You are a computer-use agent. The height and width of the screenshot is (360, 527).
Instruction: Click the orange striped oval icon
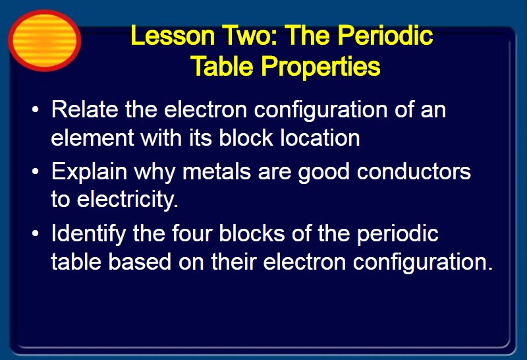[x=44, y=40]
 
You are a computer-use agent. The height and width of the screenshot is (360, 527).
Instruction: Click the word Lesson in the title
[x=173, y=36]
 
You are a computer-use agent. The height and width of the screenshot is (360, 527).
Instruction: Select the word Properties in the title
[x=321, y=67]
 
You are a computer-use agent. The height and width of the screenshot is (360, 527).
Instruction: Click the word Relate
[x=85, y=109]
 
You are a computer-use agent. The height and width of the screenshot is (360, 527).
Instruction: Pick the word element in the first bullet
[x=92, y=138]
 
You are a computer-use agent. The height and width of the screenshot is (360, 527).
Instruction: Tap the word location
[x=320, y=138]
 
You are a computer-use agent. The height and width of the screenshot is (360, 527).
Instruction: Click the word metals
[x=217, y=171]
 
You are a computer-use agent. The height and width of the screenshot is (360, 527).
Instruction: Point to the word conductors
[x=414, y=171]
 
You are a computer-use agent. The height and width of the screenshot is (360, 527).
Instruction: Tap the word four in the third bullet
[x=192, y=233]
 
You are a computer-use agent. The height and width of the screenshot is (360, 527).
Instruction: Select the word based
[x=140, y=262]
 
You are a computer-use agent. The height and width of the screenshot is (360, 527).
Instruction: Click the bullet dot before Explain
[x=36, y=172]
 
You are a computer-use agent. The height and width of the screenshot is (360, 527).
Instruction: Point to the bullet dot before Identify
[x=36, y=234]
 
